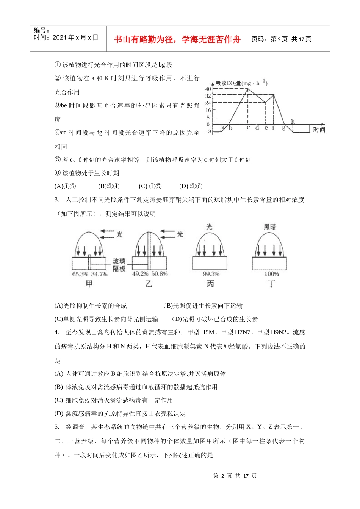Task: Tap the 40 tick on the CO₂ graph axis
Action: click(x=208, y=89)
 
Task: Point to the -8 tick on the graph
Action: click(x=208, y=131)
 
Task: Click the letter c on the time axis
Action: click(x=248, y=128)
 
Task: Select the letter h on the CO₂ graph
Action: click(x=293, y=122)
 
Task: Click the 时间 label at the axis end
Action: click(x=319, y=130)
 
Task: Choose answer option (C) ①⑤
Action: click(x=150, y=186)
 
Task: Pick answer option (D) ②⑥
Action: click(x=191, y=186)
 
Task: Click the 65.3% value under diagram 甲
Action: click(x=80, y=274)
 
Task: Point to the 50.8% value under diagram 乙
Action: click(x=159, y=274)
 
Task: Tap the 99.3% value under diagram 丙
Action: click(x=211, y=274)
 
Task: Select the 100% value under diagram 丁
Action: click(x=271, y=274)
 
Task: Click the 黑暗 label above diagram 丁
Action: click(x=270, y=227)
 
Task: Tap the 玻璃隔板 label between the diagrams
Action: click(x=119, y=265)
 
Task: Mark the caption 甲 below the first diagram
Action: click(x=89, y=284)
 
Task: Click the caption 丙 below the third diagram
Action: click(x=210, y=284)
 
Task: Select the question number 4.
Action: click(x=57, y=333)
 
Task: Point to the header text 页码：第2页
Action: click(x=270, y=39)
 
